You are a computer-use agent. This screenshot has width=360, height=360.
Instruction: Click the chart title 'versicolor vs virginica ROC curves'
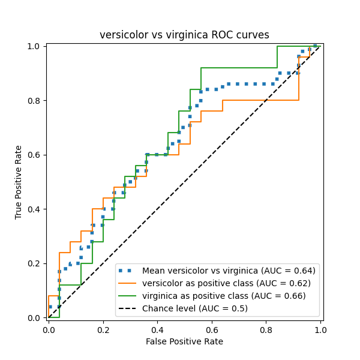coord(184,35)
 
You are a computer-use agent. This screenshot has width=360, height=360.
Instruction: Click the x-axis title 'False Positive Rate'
coord(184,341)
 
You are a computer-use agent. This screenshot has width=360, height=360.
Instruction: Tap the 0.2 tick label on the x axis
coord(103,329)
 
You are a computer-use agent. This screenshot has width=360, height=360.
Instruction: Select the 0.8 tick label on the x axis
coord(266,329)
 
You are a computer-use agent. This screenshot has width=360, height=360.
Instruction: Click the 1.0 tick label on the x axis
coord(320,329)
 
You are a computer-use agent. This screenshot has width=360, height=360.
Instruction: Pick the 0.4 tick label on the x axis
coord(157,329)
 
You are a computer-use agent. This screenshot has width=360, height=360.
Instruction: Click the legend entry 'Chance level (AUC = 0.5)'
coord(195,308)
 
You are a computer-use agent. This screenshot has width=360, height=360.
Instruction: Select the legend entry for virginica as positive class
coord(224,296)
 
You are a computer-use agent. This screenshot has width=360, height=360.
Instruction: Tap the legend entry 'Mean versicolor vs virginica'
coord(229,271)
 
